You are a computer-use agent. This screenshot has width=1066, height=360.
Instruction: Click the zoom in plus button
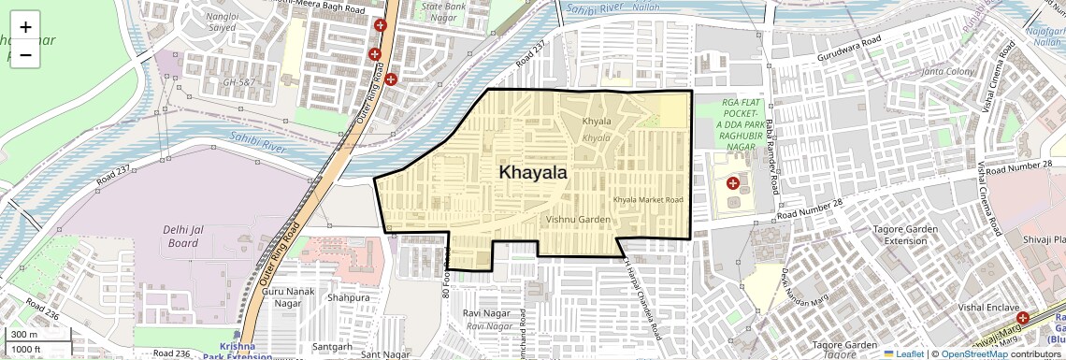(25, 26)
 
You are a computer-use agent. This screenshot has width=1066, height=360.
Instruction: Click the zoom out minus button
(25, 54)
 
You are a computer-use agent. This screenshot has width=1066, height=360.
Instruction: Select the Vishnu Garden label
(578, 219)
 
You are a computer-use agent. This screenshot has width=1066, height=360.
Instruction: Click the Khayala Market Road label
(648, 200)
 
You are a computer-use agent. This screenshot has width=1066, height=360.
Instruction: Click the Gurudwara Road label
(847, 43)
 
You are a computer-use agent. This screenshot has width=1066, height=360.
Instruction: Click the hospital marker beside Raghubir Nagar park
(733, 182)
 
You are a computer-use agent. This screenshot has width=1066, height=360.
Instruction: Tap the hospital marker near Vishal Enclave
(1024, 318)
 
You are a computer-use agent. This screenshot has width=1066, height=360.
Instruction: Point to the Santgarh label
(333, 346)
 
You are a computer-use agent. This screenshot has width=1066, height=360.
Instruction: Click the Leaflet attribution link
(903, 353)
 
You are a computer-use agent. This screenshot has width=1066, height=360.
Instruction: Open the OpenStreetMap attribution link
(973, 353)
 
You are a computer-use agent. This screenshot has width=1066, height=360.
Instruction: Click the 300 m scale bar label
(24, 335)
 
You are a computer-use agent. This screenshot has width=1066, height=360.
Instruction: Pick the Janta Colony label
(947, 72)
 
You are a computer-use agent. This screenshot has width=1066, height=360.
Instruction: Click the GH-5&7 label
(238, 82)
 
